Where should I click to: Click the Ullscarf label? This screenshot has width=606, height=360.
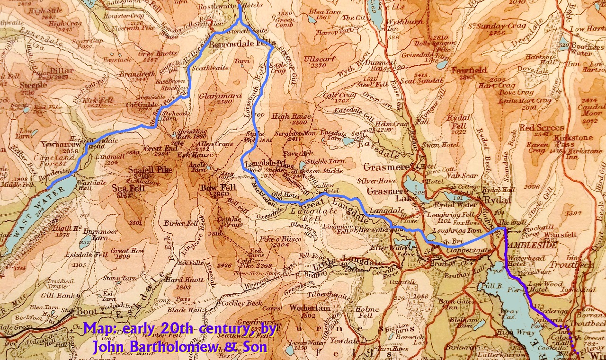pos(317,59)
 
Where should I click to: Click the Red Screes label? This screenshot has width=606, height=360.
pos(542,128)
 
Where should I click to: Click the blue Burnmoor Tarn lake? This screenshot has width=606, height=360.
pos(85,243)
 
